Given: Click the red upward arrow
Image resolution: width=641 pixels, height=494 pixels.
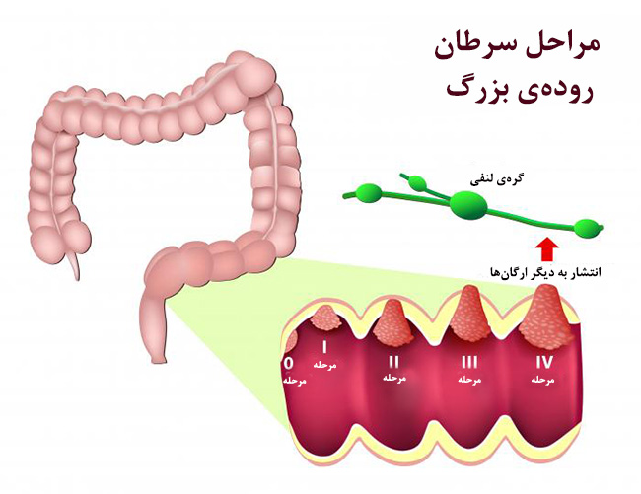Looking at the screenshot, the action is (x=547, y=249).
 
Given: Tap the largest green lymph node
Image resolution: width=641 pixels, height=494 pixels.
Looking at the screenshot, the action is (x=468, y=204).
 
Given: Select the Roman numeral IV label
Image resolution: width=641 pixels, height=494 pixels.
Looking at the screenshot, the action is (x=544, y=362).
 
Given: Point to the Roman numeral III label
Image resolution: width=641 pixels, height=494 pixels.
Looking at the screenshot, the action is (x=469, y=362).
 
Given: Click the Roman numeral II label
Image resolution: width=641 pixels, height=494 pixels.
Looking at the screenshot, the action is (x=393, y=362).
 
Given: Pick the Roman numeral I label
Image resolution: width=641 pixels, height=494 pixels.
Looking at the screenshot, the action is (x=324, y=347).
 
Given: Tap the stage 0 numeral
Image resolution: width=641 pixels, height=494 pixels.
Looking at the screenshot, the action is (x=289, y=363).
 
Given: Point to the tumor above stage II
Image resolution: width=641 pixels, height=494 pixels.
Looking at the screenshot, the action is (x=392, y=322).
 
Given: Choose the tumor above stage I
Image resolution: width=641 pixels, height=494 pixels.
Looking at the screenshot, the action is (x=325, y=318).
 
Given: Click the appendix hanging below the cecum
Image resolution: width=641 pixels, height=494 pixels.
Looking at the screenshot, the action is (x=74, y=265).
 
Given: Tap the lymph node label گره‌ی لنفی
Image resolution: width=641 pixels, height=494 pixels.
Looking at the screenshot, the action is (x=497, y=179).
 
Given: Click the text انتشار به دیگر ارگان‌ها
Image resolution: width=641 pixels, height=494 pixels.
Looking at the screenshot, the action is (x=545, y=272).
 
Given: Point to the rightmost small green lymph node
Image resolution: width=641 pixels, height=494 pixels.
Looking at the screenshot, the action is (x=588, y=228).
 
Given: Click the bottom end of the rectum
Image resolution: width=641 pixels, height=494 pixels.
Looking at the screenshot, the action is (x=158, y=361).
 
